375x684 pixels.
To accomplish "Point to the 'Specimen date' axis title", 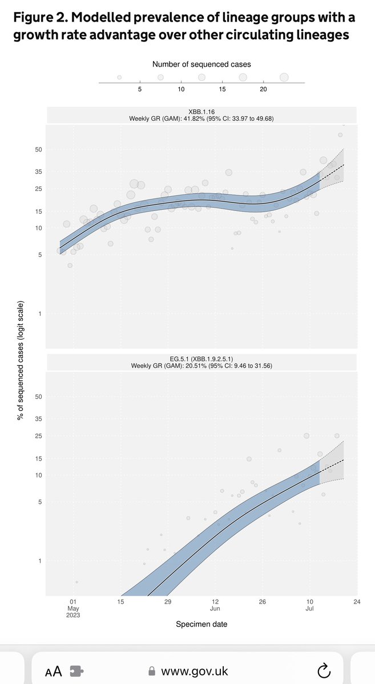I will coord(201,625).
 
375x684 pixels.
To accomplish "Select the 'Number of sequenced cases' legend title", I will coord(201,64).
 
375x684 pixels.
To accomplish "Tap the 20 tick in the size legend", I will coord(263,89).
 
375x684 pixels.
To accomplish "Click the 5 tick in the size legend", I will coord(140,89).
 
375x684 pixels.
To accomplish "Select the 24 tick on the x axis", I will coord(356,601).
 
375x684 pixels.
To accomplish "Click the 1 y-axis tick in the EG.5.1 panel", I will coord(41,561).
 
